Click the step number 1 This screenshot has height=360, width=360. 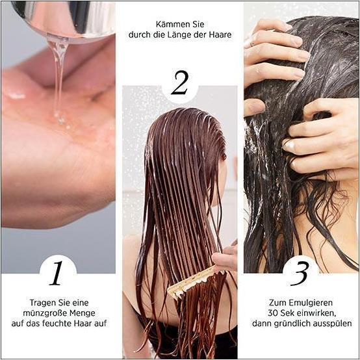click(57, 272)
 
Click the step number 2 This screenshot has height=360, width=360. click(179, 83)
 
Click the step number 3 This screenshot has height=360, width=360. click(300, 272)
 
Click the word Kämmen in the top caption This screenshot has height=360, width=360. click(163, 24)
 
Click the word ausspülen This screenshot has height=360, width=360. click(333, 323)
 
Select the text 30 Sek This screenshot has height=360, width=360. click(281, 313)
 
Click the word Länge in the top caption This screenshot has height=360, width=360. click(181, 35)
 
